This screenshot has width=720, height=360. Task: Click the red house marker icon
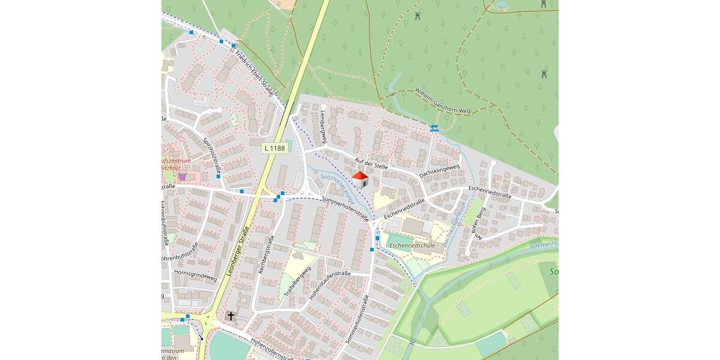click(x=359, y=179)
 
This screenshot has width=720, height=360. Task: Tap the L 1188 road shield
click(x=275, y=148)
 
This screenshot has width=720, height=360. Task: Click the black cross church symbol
click(x=231, y=316)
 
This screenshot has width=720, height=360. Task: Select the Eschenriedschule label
click(x=412, y=245)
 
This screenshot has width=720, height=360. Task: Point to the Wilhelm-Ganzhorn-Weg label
click(x=443, y=101)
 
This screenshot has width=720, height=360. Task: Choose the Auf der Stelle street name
click(x=371, y=163)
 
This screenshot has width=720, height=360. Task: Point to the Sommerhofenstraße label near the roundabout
click(x=345, y=209)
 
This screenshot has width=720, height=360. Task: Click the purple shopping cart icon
click(x=181, y=177)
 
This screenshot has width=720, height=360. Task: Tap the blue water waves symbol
click(x=434, y=128)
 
